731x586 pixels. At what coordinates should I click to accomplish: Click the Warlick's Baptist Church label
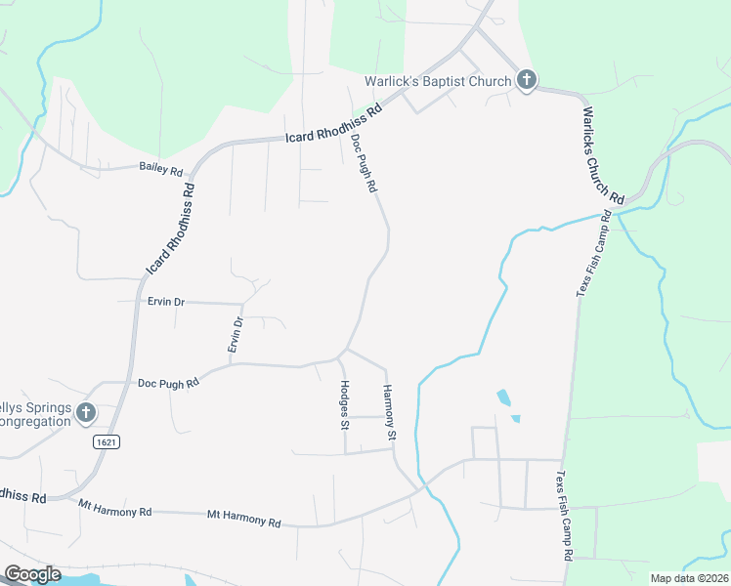437,82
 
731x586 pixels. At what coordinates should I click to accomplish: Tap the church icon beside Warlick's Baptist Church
526,80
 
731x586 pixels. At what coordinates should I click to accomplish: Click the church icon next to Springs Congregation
85,414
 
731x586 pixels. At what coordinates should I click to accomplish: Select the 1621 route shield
107,442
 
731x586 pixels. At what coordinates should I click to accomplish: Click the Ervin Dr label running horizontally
165,302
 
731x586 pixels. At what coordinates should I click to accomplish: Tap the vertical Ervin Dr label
236,335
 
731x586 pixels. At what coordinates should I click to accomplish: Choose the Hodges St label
345,404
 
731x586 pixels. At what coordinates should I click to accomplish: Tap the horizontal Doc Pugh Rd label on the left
168,381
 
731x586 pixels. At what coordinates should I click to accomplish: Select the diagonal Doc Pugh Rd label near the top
364,163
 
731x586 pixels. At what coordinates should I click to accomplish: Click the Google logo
32,574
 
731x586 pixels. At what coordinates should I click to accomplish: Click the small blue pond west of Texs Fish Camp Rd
503,398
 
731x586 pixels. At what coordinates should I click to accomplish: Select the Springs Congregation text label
36,414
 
